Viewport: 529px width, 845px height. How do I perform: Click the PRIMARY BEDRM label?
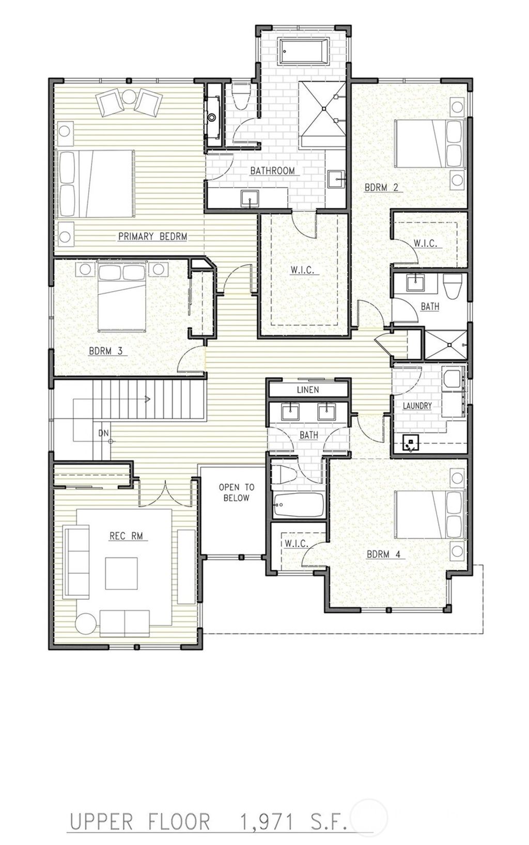coord(152,236)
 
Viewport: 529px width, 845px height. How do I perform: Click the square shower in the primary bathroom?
coord(323,108)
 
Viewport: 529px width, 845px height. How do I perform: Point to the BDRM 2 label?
coord(381,188)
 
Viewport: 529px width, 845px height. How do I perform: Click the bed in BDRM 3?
coord(122,297)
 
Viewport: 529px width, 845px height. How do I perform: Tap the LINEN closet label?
coord(308,390)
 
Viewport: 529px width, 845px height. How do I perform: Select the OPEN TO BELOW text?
coord(236,492)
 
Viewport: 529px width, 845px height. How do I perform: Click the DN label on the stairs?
coord(103,434)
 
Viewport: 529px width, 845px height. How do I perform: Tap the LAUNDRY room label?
coord(417,406)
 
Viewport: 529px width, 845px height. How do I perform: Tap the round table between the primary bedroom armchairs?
coord(128,97)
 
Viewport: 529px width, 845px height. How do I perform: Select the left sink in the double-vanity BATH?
coord(291,412)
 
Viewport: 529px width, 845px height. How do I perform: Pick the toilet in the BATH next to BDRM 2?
coord(453,286)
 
